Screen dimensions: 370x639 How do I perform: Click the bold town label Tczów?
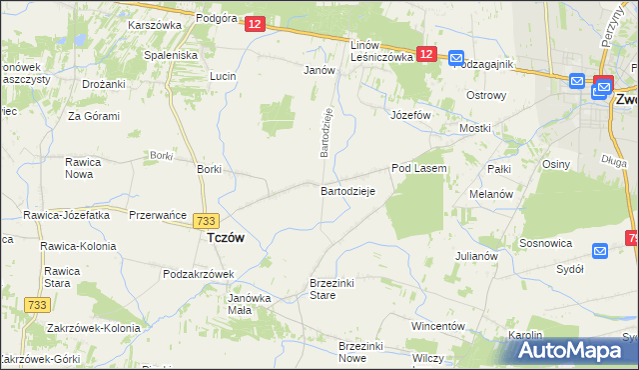[226, 238]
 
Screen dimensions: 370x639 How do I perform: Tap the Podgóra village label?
[217, 18]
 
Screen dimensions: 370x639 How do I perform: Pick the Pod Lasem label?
[418, 169]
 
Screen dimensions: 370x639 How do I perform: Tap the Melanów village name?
[490, 194]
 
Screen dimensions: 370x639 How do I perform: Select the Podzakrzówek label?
[198, 274]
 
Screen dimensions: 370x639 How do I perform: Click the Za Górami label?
[94, 116]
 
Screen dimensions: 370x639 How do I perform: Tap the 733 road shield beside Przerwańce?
[207, 220]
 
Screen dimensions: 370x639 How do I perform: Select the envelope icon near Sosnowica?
[600, 251]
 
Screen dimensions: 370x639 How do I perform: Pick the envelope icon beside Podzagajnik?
[456, 59]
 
